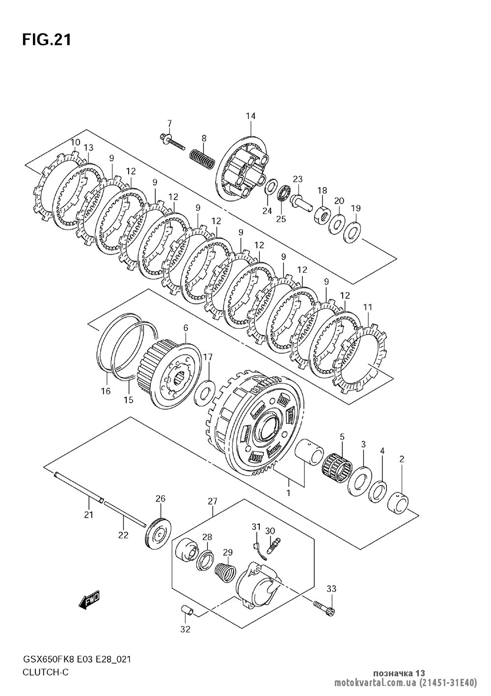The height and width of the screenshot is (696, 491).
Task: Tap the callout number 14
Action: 250,116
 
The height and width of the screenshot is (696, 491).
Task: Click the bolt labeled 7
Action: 171,141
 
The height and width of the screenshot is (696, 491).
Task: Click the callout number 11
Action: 368,307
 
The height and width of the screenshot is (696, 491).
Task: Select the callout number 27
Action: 212,501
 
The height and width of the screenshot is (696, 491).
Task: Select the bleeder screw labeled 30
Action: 272,546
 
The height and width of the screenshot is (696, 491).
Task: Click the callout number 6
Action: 186,328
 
